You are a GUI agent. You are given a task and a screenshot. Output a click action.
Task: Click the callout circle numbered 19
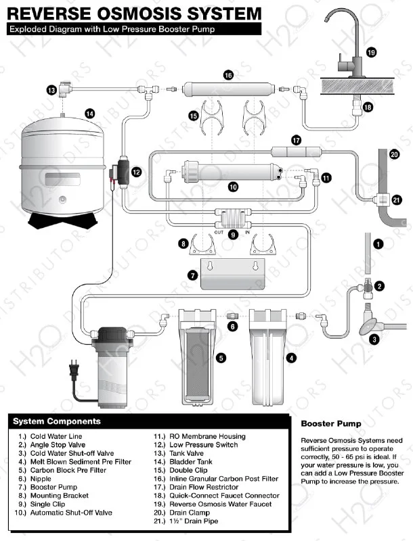pyautogui.click(x=371, y=52)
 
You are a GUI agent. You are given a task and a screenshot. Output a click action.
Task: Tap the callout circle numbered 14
pyautogui.click(x=89, y=114)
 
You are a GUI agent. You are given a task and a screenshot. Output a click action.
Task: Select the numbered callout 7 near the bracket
pyautogui.click(x=192, y=275)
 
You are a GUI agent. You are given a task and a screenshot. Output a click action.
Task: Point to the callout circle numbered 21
pyautogui.click(x=397, y=199)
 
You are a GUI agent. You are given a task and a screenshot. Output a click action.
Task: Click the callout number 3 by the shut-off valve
pyautogui.click(x=373, y=339)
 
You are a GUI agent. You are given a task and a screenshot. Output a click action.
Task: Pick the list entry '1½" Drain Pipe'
pyautogui.click(x=194, y=521)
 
